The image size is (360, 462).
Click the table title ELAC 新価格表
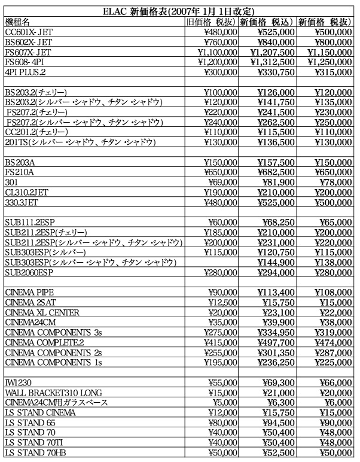tap(179, 11)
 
